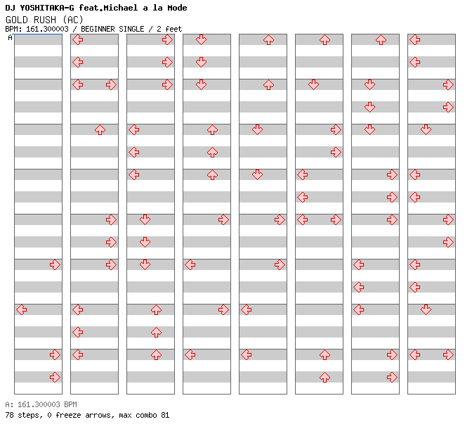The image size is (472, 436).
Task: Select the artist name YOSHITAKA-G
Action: click(x=46, y=8)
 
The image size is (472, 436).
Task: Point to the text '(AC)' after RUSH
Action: click(x=72, y=20)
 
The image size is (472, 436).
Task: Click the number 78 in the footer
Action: click(x=9, y=415)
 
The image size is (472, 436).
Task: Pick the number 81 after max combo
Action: click(x=165, y=415)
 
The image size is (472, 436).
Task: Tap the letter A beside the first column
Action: click(x=10, y=37)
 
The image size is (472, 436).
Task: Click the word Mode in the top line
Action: click(x=177, y=8)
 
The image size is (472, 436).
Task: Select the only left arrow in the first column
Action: click(x=21, y=309)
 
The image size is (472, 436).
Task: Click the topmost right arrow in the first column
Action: click(x=55, y=265)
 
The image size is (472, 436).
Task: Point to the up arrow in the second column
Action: click(x=100, y=130)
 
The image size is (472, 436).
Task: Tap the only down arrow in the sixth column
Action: click(x=313, y=84)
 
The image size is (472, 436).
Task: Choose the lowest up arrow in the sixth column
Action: click(x=324, y=377)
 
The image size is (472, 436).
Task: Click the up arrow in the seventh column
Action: click(x=381, y=40)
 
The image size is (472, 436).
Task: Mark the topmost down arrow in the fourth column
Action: click(x=201, y=39)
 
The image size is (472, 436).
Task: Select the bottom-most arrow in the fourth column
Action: click(x=190, y=354)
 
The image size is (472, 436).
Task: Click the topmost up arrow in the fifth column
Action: click(x=268, y=40)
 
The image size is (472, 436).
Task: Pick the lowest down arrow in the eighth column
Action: click(x=426, y=309)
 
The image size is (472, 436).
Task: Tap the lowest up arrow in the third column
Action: click(x=156, y=354)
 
